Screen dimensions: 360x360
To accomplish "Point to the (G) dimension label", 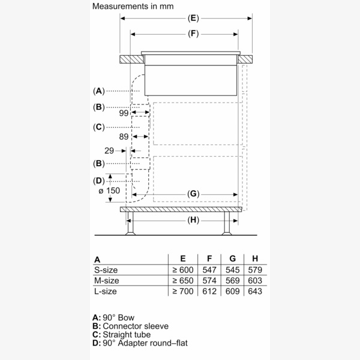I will tap(193, 194).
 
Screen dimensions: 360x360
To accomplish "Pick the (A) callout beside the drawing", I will tap(99, 91).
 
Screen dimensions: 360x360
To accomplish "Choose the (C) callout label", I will tap(99, 127).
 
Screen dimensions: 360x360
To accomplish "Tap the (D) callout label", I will tap(99, 181).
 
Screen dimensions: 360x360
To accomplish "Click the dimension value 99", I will tap(124, 113).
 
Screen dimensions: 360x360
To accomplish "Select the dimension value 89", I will tap(124, 137).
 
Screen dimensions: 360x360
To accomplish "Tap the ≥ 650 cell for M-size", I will tap(183, 280).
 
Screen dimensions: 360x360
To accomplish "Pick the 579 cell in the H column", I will tap(255, 270).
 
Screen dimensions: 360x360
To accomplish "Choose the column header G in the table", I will tap(233, 260).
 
